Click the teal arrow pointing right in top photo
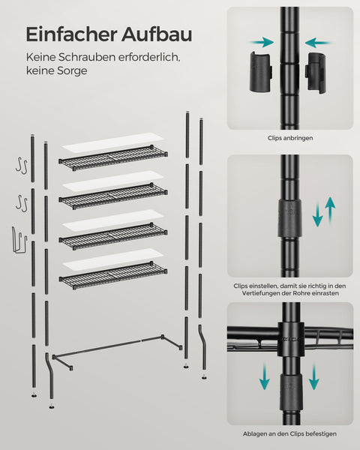coord(261,43)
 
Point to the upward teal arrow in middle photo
coord(330,211)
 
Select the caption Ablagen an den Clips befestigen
coord(289,433)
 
